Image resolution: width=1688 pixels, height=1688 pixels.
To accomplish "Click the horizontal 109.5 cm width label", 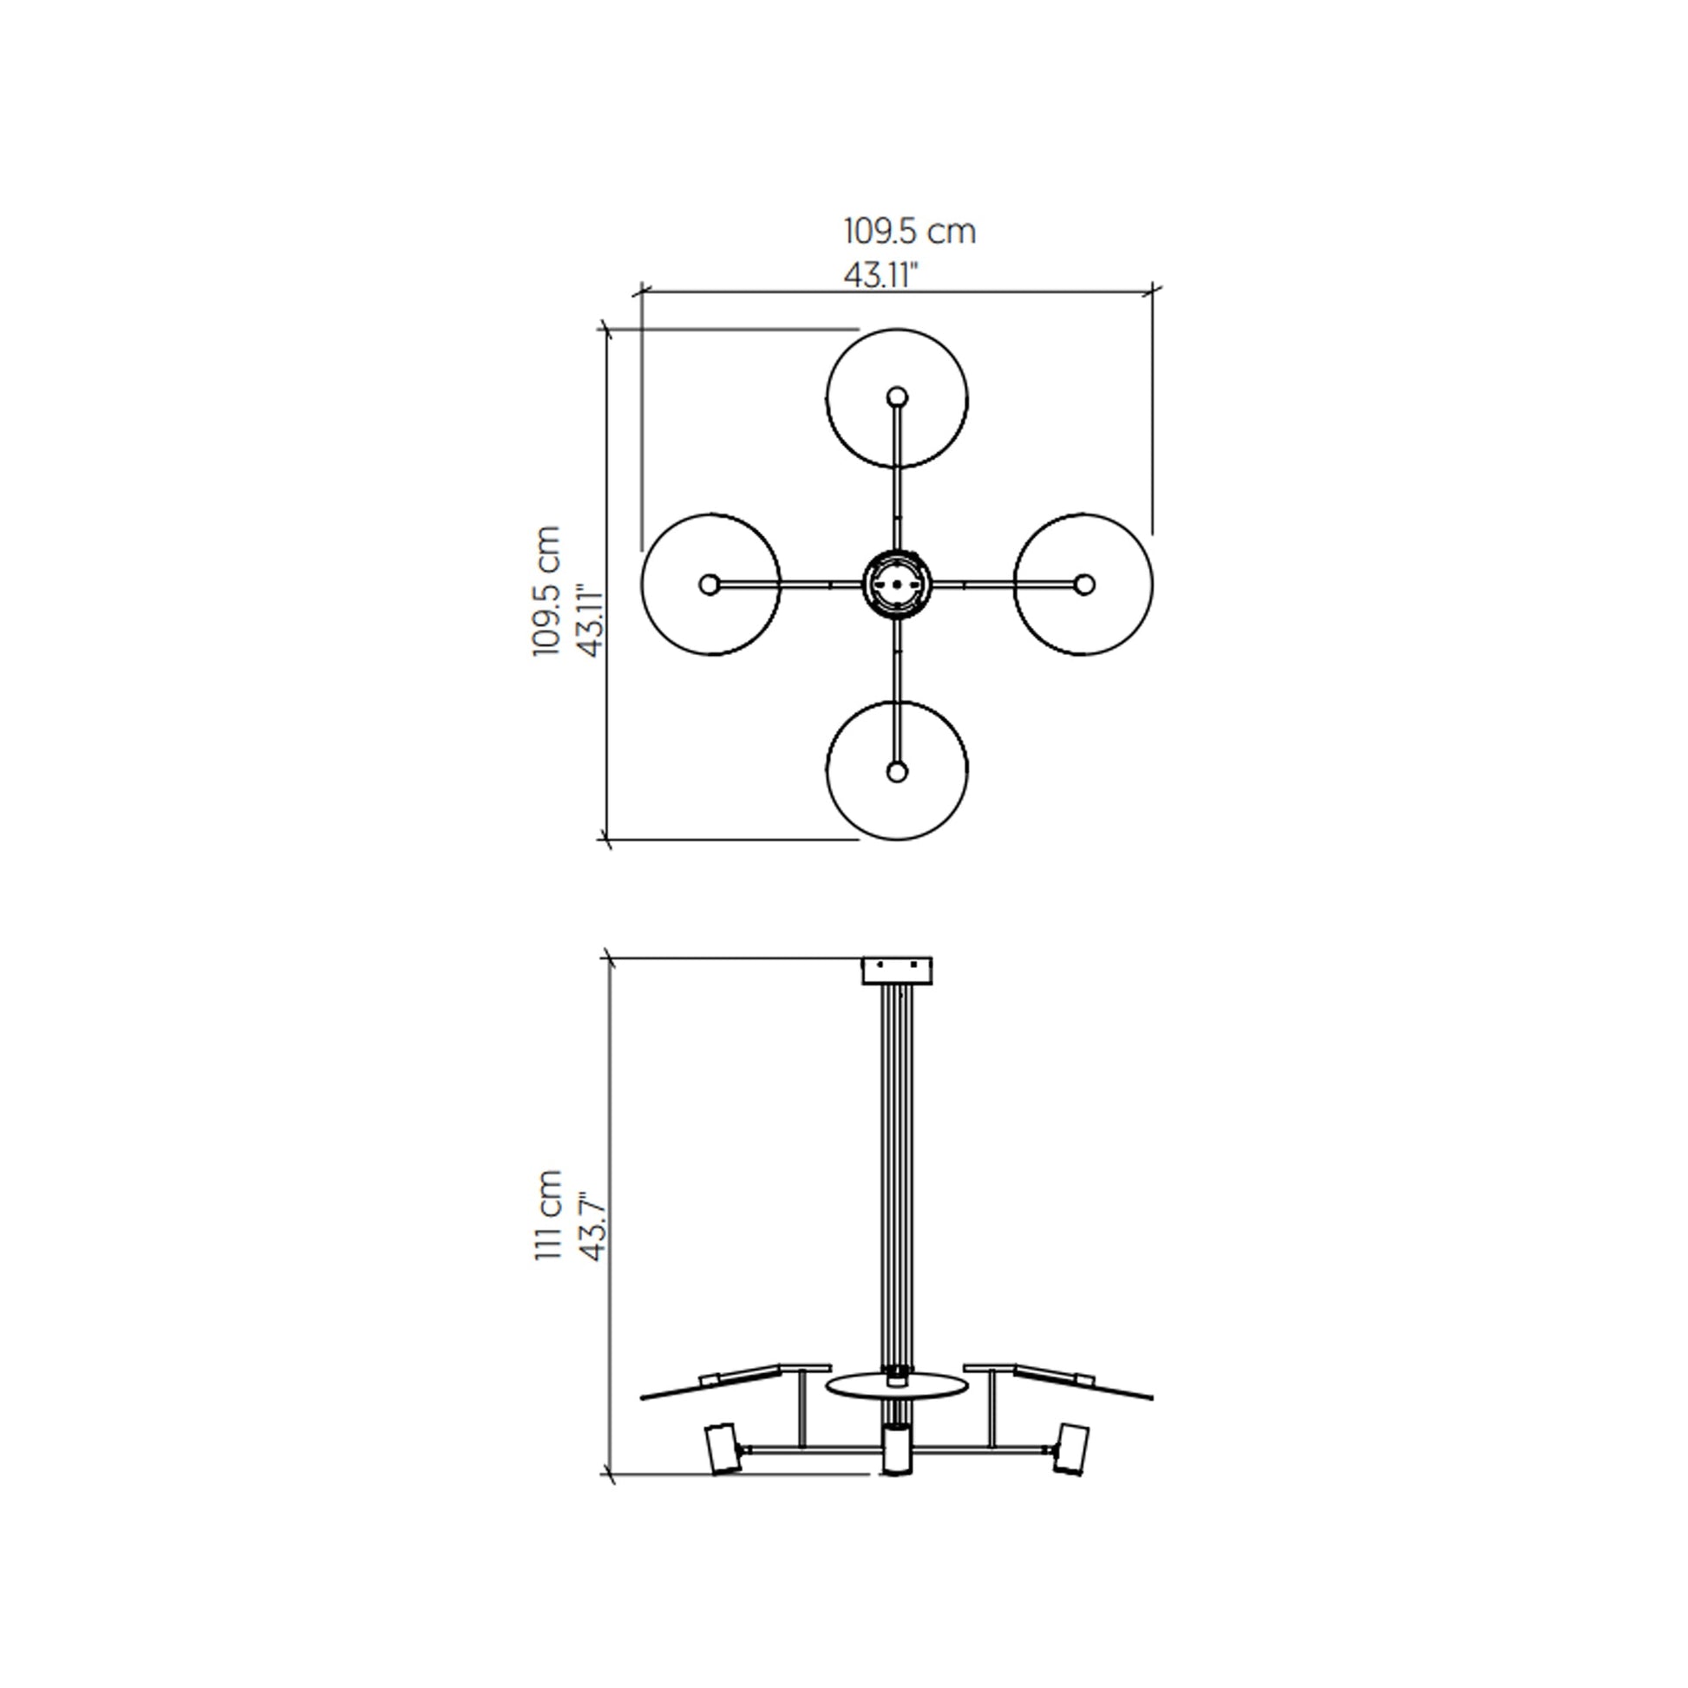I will (909, 232).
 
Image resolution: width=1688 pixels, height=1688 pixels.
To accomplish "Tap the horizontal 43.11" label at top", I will (881, 275).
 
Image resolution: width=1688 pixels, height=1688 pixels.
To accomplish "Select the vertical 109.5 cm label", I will (547, 591).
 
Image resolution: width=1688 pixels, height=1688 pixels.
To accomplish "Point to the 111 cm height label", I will (547, 1214).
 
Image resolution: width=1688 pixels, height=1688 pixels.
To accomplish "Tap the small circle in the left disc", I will (710, 584).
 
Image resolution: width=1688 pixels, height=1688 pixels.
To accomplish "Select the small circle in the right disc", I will (1084, 584).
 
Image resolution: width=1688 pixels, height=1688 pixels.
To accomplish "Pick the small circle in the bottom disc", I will (896, 771).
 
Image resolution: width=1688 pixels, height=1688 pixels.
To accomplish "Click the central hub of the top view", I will (897, 584).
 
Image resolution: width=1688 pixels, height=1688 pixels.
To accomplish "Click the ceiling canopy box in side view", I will (896, 971).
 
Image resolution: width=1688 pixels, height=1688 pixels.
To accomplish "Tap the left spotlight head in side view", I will (721, 1449).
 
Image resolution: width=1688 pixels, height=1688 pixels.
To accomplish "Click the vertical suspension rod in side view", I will (896, 1171).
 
